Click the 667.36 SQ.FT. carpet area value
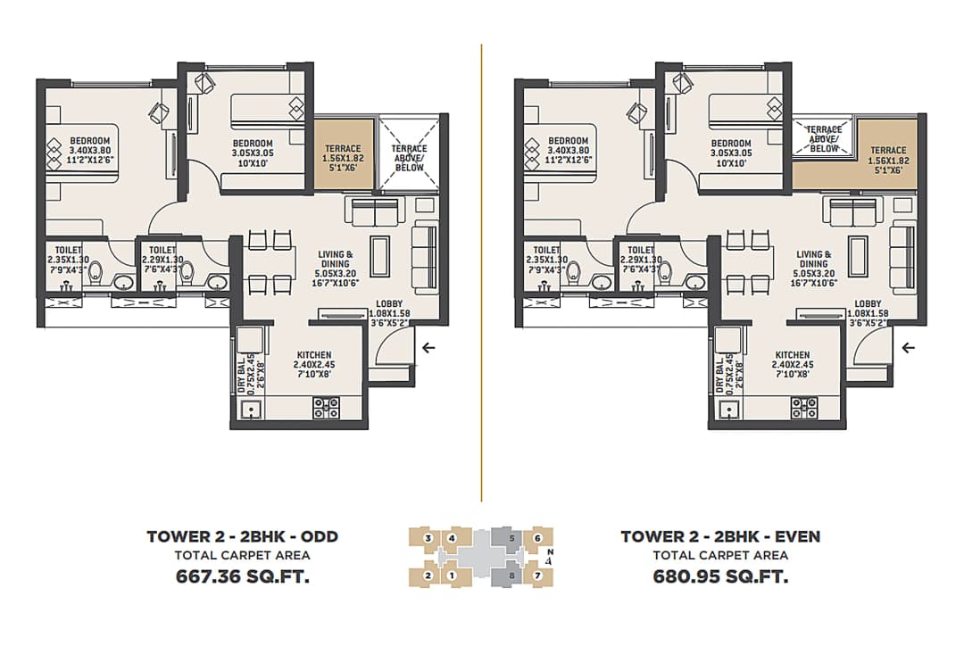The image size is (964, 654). [x=242, y=576]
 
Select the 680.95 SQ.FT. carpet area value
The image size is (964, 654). [x=720, y=576]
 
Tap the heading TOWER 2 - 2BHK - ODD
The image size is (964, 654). [x=242, y=536]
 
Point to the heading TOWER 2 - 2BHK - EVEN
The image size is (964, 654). [x=720, y=536]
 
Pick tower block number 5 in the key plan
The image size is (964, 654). [x=511, y=538]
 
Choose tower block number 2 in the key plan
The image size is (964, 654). [x=429, y=575]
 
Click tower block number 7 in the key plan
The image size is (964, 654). [x=537, y=575]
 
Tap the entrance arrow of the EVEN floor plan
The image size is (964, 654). [x=909, y=348]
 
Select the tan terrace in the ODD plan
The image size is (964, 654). [x=343, y=153]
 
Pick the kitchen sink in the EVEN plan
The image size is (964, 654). [x=730, y=411]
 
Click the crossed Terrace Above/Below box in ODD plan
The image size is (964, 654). [x=409, y=153]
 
